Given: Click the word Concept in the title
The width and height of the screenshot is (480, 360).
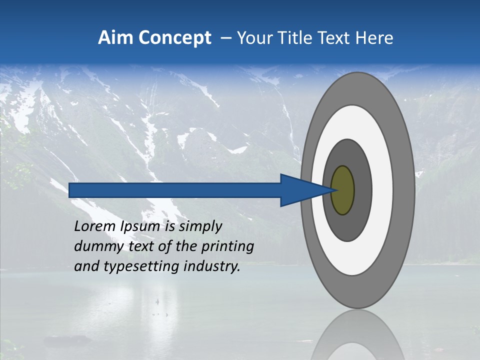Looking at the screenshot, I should [175, 37].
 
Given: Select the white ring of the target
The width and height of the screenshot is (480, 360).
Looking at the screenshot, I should [382, 190].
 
